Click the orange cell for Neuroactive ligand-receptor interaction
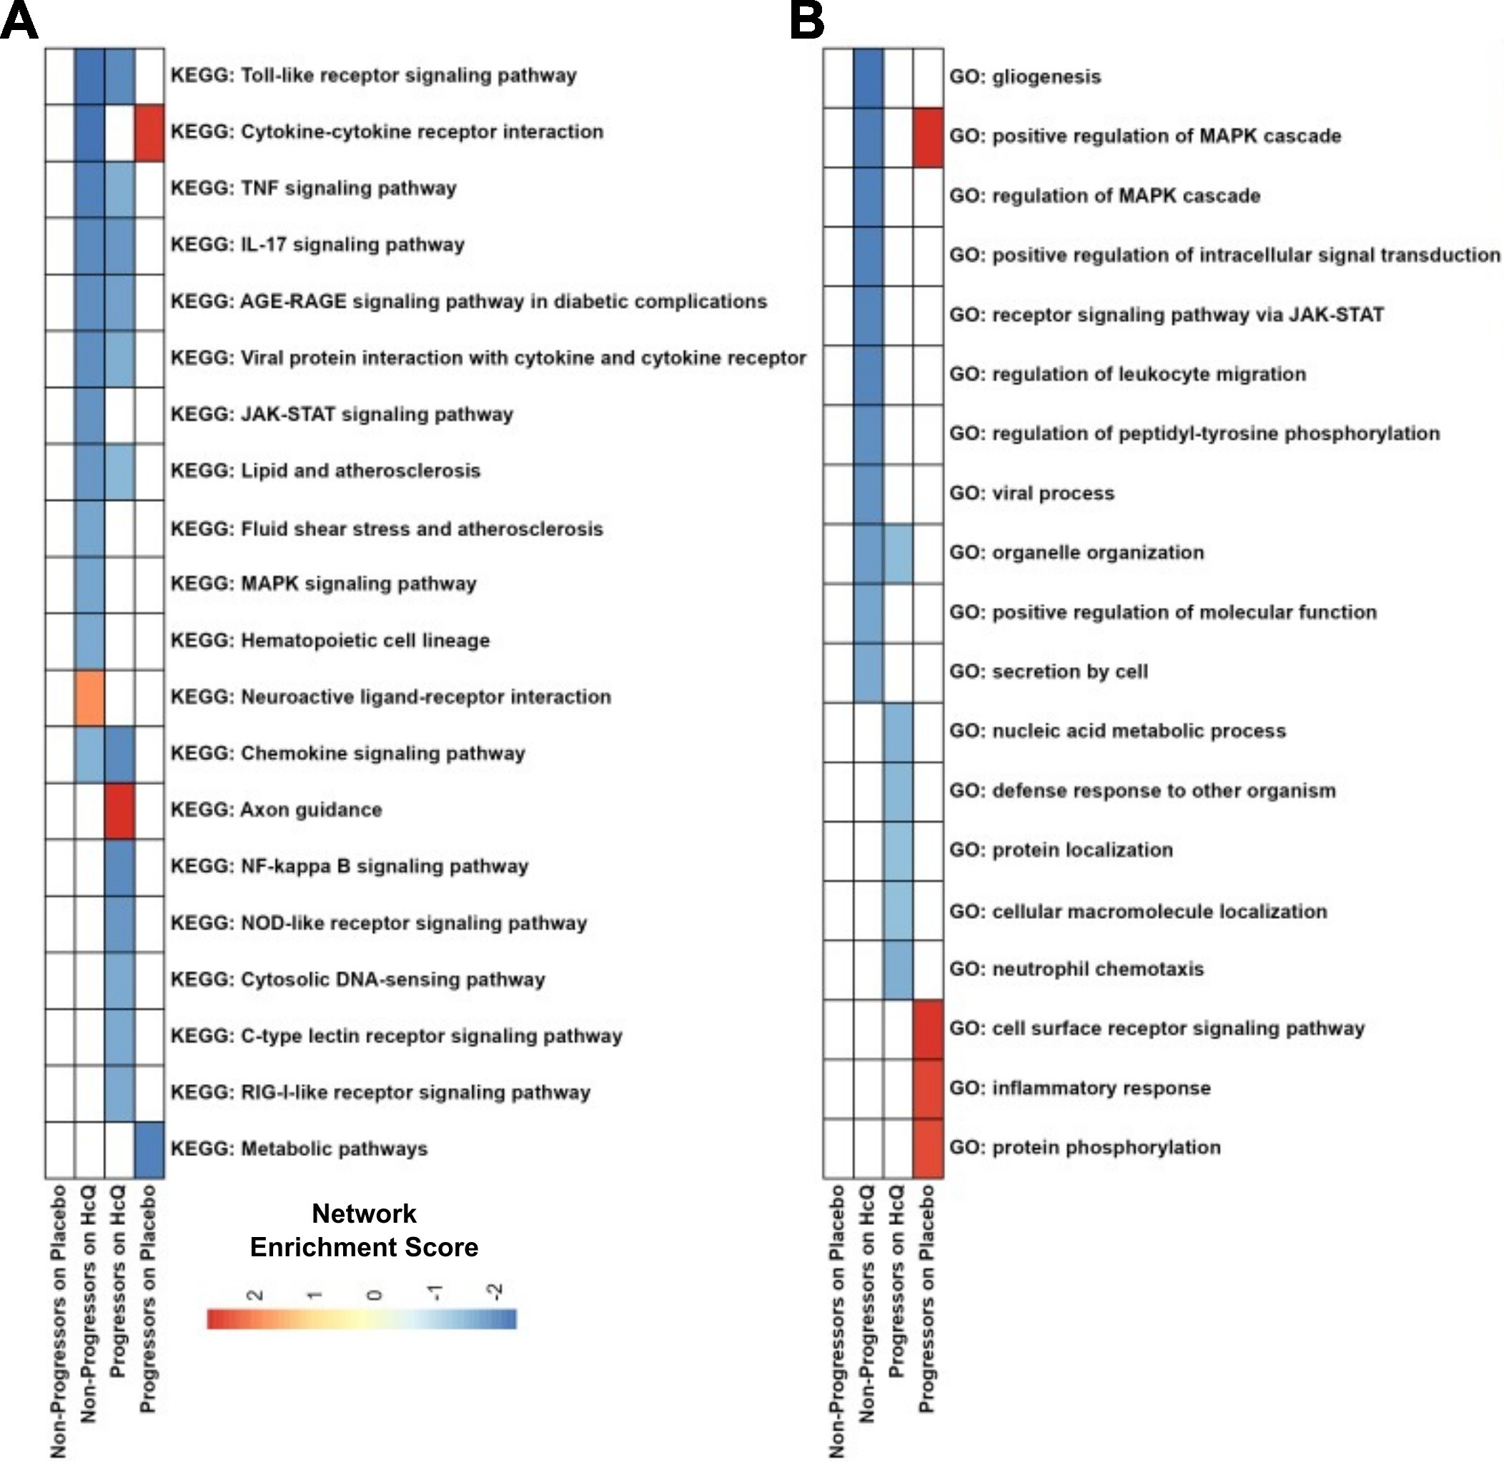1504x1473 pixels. click(x=89, y=698)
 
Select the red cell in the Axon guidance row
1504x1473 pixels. click(x=120, y=811)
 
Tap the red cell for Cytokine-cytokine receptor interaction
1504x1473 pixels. click(x=149, y=133)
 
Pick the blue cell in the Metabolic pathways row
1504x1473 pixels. click(x=149, y=1150)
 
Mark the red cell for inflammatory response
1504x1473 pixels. click(x=928, y=1089)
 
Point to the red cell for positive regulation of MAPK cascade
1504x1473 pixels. click(x=928, y=138)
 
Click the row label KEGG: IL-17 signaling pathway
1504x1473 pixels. click(x=317, y=245)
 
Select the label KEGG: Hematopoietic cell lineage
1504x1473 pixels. click(x=330, y=641)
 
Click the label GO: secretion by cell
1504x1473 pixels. click(x=1049, y=672)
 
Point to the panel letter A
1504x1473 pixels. click(x=19, y=21)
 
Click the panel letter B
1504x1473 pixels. click(x=807, y=21)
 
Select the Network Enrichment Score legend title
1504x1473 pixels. click(x=365, y=1231)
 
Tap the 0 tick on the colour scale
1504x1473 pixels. click(x=375, y=1295)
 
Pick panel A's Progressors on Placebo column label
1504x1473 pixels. click(x=149, y=1300)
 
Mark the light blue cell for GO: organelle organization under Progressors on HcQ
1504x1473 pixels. click(x=898, y=554)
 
